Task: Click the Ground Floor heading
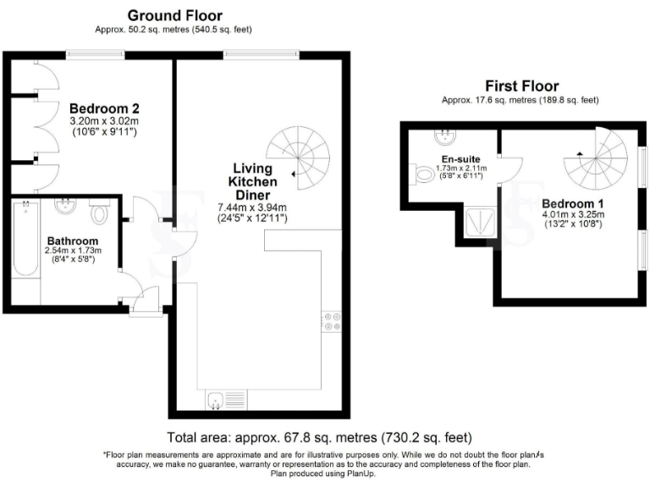coord(174,15)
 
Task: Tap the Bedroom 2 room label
coord(104,108)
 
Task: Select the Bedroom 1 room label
coord(572,204)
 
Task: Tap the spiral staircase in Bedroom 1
coord(598,161)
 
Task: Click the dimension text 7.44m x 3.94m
coord(252,208)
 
